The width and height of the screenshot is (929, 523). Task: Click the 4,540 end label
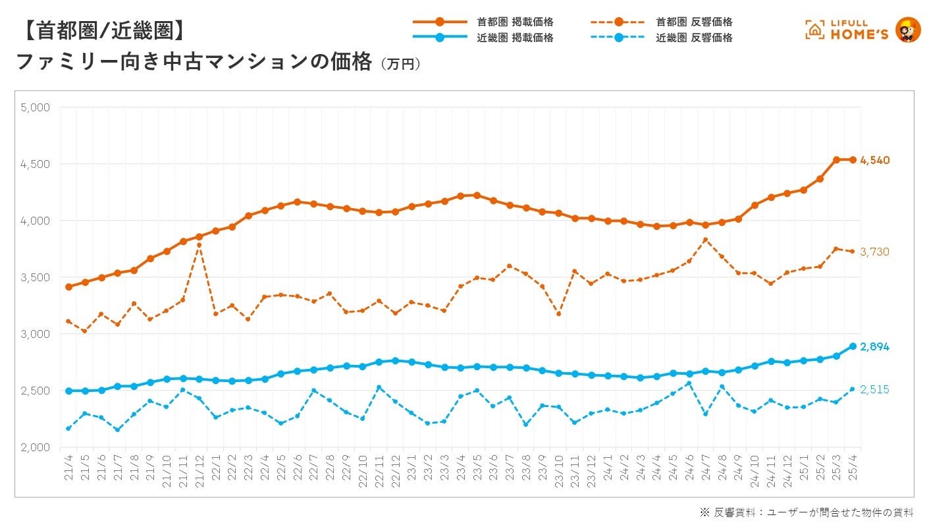point(875,160)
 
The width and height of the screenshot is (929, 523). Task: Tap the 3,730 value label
point(875,252)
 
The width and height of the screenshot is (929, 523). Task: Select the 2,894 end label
point(875,346)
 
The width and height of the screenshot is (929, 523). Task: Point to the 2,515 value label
point(875,389)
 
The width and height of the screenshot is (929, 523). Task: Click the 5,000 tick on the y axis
point(36,107)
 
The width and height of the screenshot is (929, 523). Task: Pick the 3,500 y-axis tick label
point(36,277)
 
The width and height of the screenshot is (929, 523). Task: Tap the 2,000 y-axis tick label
point(36,447)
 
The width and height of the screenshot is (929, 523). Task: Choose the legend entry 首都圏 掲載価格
point(515,22)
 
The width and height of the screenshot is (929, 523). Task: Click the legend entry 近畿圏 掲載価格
point(515,38)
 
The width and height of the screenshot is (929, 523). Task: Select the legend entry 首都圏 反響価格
point(694,22)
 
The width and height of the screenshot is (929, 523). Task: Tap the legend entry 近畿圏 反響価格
point(694,38)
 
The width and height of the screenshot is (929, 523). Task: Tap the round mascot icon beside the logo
point(909,30)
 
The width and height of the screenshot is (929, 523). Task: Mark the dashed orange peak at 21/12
point(199,245)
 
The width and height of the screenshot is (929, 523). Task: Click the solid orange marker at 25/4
point(853,159)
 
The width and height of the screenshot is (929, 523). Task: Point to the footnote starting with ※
point(807,512)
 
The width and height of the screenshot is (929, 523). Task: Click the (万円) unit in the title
point(400,65)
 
